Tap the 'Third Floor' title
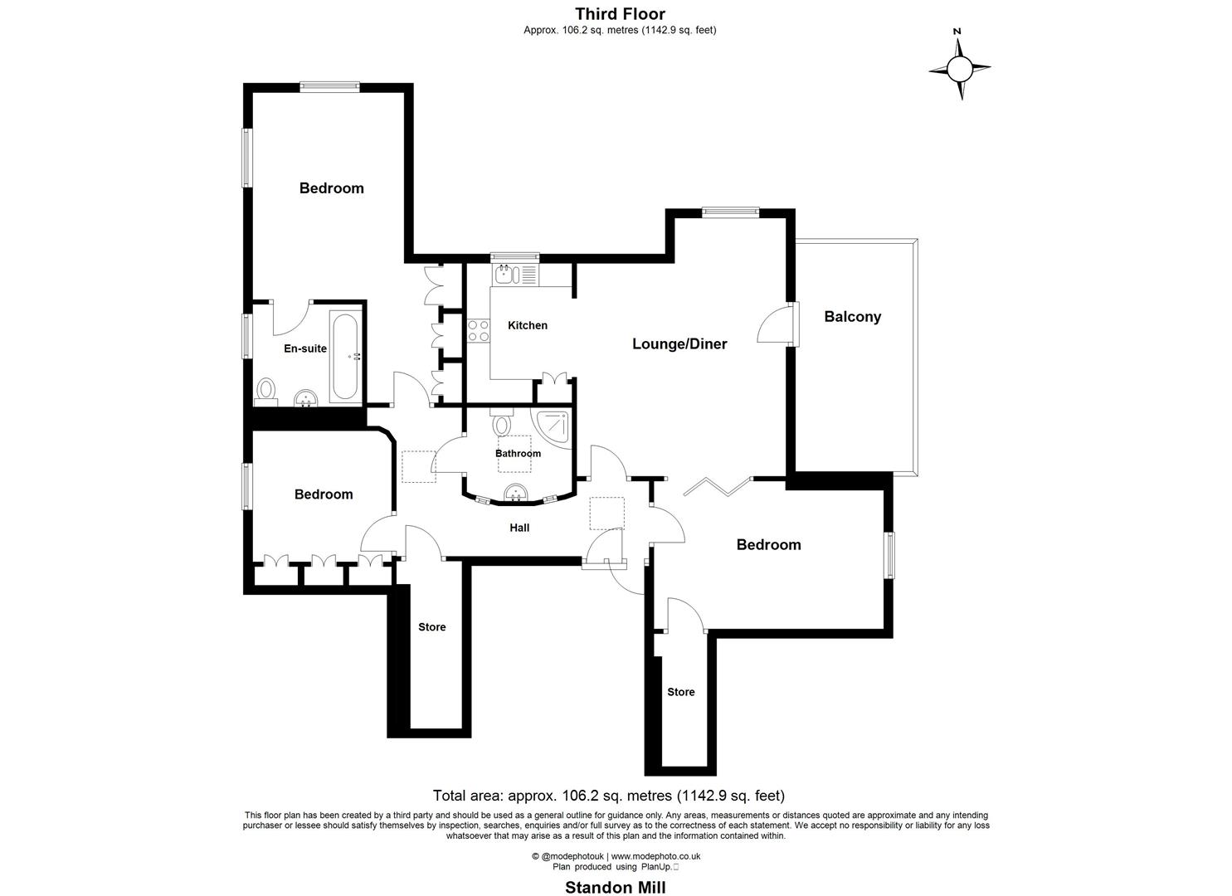[620, 13]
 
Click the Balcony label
[852, 316]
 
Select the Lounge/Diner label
[679, 343]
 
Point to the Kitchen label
[528, 325]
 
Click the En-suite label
[305, 348]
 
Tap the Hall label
[519, 528]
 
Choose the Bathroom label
[518, 453]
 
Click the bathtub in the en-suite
[344, 357]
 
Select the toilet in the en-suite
[266, 389]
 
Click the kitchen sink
[505, 274]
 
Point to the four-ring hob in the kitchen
[478, 330]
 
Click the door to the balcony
[777, 324]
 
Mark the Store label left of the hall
[431, 627]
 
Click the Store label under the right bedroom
[680, 692]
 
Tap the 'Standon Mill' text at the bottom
[615, 887]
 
